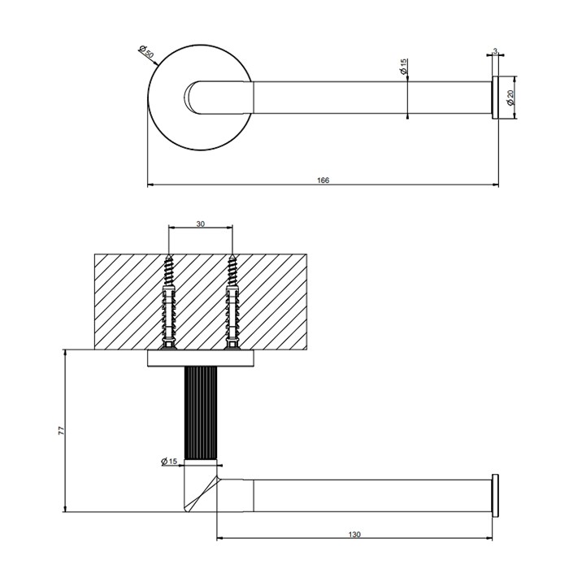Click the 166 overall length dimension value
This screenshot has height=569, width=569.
(323, 180)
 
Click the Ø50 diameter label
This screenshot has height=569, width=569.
(148, 52)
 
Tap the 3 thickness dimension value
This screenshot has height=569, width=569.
(495, 50)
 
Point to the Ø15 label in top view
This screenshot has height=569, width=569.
(404, 68)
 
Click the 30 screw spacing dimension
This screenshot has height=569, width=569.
(201, 223)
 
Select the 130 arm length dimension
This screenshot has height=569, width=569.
(354, 533)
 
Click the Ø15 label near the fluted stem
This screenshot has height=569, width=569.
(169, 462)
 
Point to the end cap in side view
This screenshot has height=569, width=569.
(493, 493)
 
